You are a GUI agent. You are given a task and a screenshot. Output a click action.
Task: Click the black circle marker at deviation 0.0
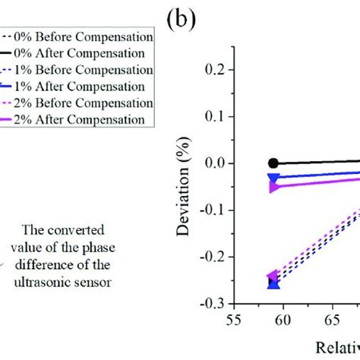point(274,163)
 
